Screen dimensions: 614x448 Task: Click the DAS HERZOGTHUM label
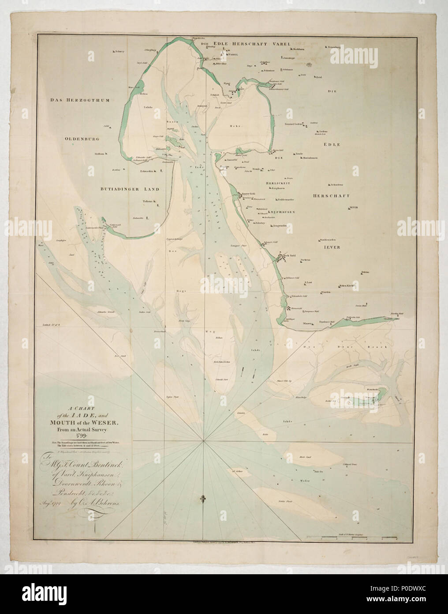pos(80,101)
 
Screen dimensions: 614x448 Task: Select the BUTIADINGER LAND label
pos(126,189)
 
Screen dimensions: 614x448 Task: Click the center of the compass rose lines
pos(203,440)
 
